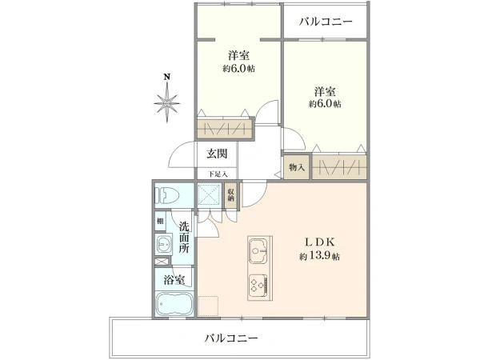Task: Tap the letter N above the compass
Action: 166,77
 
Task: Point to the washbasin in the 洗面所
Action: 163,245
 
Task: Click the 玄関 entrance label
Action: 218,154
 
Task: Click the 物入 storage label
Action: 295,168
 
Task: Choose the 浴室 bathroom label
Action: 174,280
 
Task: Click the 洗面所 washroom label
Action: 184,238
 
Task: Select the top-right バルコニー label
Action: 326,21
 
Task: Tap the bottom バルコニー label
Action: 230,338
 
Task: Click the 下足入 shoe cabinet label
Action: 218,174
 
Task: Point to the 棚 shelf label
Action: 161,221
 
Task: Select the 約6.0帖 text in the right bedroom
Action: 325,104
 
